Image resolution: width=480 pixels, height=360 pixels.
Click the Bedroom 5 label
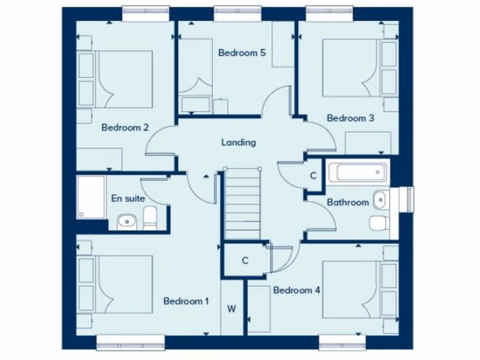click(x=242, y=52)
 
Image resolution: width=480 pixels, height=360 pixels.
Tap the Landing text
click(x=239, y=142)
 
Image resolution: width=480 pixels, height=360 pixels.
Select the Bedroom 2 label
click(x=125, y=127)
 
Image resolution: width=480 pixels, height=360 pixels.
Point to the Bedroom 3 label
click(x=350, y=118)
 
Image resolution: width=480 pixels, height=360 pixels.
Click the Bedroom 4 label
click(x=296, y=290)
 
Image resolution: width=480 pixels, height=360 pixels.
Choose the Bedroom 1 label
click(x=186, y=301)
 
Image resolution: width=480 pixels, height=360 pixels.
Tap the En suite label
click(x=128, y=198)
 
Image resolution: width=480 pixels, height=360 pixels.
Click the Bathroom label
click(x=348, y=202)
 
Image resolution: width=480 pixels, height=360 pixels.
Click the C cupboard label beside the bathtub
click(x=314, y=176)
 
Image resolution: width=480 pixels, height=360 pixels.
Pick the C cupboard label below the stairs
click(x=245, y=261)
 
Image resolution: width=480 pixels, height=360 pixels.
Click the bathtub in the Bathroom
click(x=358, y=172)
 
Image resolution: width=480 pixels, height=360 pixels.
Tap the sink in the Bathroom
click(x=380, y=200)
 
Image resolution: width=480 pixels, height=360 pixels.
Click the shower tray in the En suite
click(x=91, y=197)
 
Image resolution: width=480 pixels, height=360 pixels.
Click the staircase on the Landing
click(x=242, y=204)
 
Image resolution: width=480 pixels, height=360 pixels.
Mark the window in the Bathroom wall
click(x=406, y=199)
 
